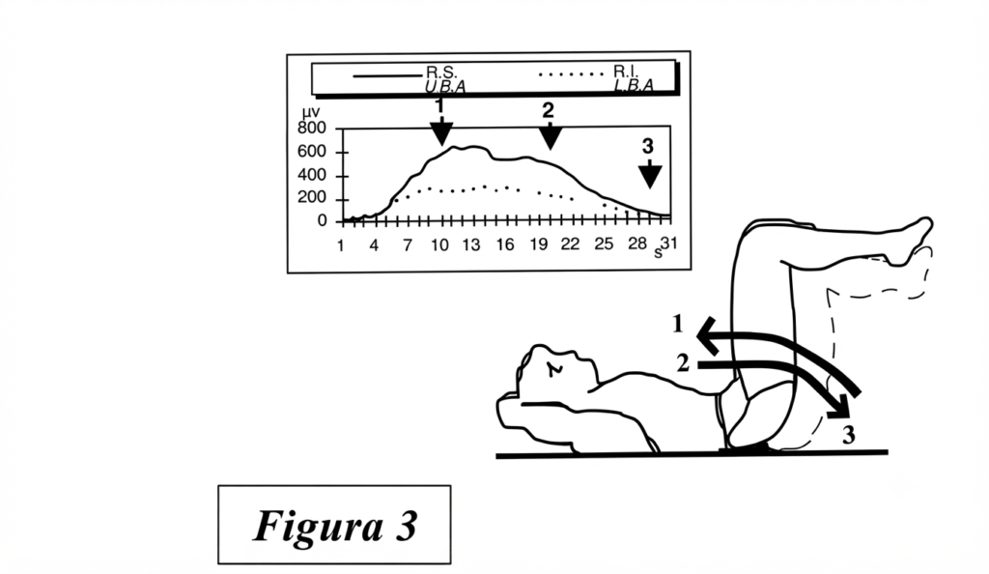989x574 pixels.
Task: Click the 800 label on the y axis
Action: coord(312,129)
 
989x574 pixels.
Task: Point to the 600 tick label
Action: coord(312,152)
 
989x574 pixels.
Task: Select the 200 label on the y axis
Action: coord(312,198)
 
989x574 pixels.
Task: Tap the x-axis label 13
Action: coord(471,244)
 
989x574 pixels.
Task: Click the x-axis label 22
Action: coord(570,244)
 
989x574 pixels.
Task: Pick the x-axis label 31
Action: coord(668,243)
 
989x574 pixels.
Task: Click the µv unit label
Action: coord(310,113)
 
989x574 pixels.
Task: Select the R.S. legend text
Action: coord(440,72)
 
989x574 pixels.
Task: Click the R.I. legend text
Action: coord(626,71)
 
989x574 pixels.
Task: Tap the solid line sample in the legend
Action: coord(386,75)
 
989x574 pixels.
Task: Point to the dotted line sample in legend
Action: coord(572,74)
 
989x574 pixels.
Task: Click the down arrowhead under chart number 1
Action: coord(441,133)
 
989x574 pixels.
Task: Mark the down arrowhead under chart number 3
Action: coord(650,177)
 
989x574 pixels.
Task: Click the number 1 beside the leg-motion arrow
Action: coord(678,324)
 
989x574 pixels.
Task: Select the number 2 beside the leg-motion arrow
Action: coord(683,363)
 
